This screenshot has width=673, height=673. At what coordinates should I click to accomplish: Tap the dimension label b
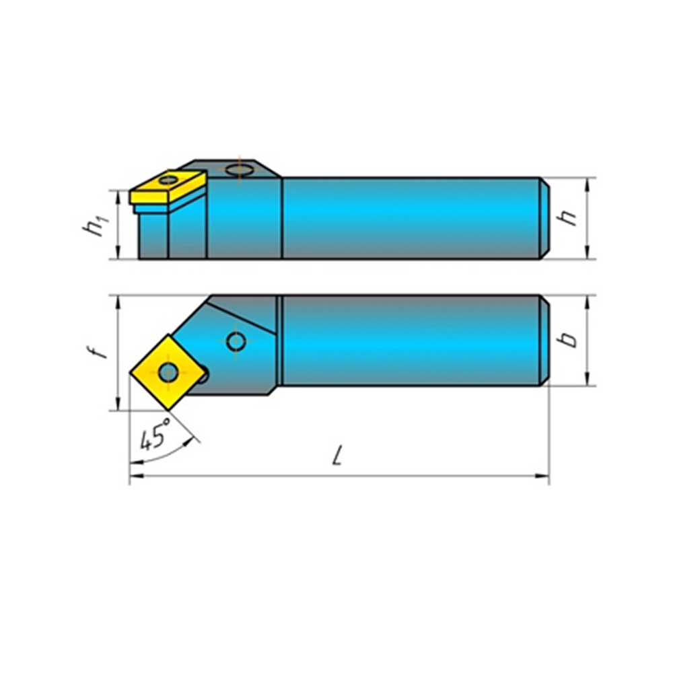coord(571,339)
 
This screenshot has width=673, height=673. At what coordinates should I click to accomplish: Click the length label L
coord(337,458)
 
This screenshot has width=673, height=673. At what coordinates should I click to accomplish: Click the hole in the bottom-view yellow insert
coord(168,371)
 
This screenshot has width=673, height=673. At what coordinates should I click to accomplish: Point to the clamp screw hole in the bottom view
coord(236,342)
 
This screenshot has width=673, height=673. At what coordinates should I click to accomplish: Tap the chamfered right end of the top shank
coord(545,217)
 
